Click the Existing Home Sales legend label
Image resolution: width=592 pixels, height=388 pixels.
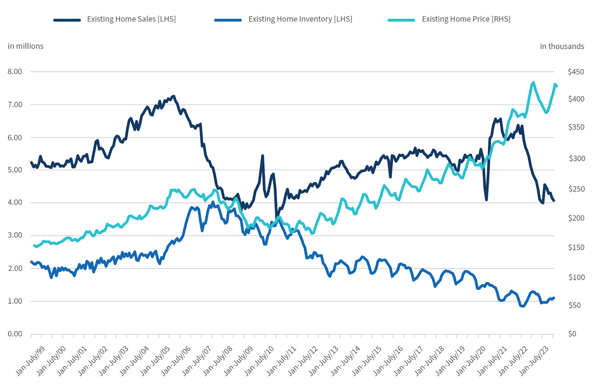(x=131, y=19)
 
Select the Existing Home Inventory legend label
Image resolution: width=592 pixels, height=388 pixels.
(x=300, y=19)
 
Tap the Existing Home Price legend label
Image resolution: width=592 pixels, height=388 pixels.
(x=466, y=19)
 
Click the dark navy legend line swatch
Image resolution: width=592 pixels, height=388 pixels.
(x=67, y=20)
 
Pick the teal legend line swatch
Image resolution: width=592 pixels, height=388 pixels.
(x=401, y=20)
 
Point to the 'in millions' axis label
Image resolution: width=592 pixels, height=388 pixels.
(x=25, y=46)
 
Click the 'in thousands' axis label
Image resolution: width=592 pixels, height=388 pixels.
(x=562, y=46)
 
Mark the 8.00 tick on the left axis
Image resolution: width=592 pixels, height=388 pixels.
(x=15, y=72)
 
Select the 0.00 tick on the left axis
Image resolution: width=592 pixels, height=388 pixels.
(x=15, y=334)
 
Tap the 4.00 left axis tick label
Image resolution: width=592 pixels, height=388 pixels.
(x=15, y=202)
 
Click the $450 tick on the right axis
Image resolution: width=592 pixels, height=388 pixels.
(x=576, y=72)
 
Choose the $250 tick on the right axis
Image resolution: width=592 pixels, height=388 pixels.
(x=576, y=189)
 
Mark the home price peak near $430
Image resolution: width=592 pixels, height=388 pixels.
(x=533, y=82)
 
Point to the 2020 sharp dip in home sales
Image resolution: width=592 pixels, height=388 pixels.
(x=486, y=200)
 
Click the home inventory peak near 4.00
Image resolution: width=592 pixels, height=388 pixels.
(x=213, y=202)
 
